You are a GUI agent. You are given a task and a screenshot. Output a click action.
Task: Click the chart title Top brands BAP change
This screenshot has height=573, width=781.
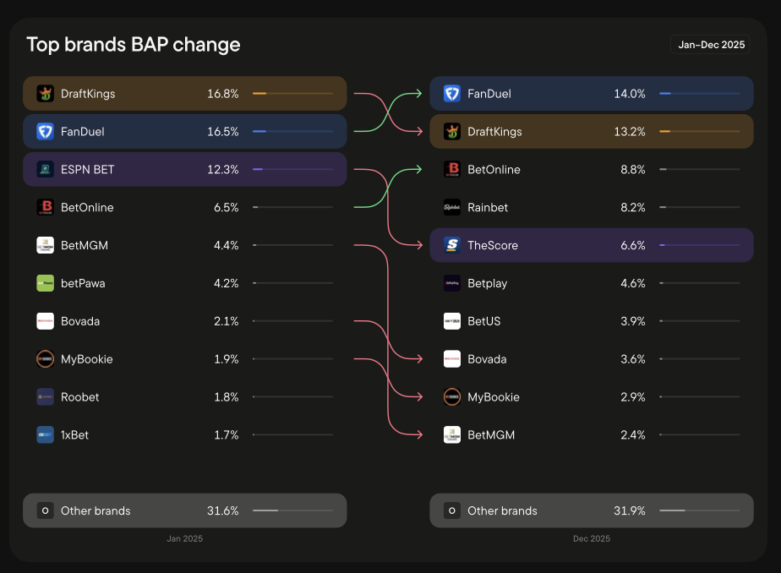[x=134, y=45]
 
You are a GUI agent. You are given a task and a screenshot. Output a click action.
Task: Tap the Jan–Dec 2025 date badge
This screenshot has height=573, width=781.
[x=711, y=45]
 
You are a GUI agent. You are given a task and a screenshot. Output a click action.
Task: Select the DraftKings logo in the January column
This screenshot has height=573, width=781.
[x=46, y=94]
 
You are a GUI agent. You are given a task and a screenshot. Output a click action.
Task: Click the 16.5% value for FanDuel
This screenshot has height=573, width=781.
[x=222, y=132]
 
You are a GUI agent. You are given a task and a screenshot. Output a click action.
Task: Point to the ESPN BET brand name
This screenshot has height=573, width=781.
[x=87, y=170]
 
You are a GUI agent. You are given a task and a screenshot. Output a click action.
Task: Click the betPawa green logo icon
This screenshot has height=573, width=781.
[x=46, y=283]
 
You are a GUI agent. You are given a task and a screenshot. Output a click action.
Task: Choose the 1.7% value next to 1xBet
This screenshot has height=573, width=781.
[x=226, y=435]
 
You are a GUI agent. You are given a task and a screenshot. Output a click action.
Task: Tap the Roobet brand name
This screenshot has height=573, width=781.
[x=79, y=397]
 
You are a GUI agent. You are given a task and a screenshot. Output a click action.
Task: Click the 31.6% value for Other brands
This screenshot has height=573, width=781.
[x=222, y=510]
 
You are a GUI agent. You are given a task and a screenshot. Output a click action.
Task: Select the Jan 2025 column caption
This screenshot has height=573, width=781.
[x=184, y=538]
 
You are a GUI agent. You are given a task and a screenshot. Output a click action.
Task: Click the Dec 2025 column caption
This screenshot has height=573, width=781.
[x=591, y=538]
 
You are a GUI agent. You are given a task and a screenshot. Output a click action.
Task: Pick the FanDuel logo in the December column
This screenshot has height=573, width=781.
[x=452, y=94]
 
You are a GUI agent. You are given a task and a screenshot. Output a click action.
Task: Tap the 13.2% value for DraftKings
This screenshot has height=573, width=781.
[x=630, y=132]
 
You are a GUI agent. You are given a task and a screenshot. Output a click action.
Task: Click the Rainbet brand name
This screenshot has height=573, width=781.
[x=488, y=208]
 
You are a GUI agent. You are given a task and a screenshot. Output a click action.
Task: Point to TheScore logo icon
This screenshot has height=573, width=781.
[x=452, y=245]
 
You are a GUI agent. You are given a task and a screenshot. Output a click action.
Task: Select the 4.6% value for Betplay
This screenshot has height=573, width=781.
[x=632, y=283]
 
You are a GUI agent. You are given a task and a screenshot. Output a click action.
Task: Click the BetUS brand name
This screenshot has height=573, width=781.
[x=485, y=321]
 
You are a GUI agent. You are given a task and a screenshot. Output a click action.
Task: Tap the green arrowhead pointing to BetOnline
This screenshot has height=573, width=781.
[x=418, y=170]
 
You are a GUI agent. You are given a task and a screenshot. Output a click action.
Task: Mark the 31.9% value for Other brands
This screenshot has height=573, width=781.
[x=630, y=510]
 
